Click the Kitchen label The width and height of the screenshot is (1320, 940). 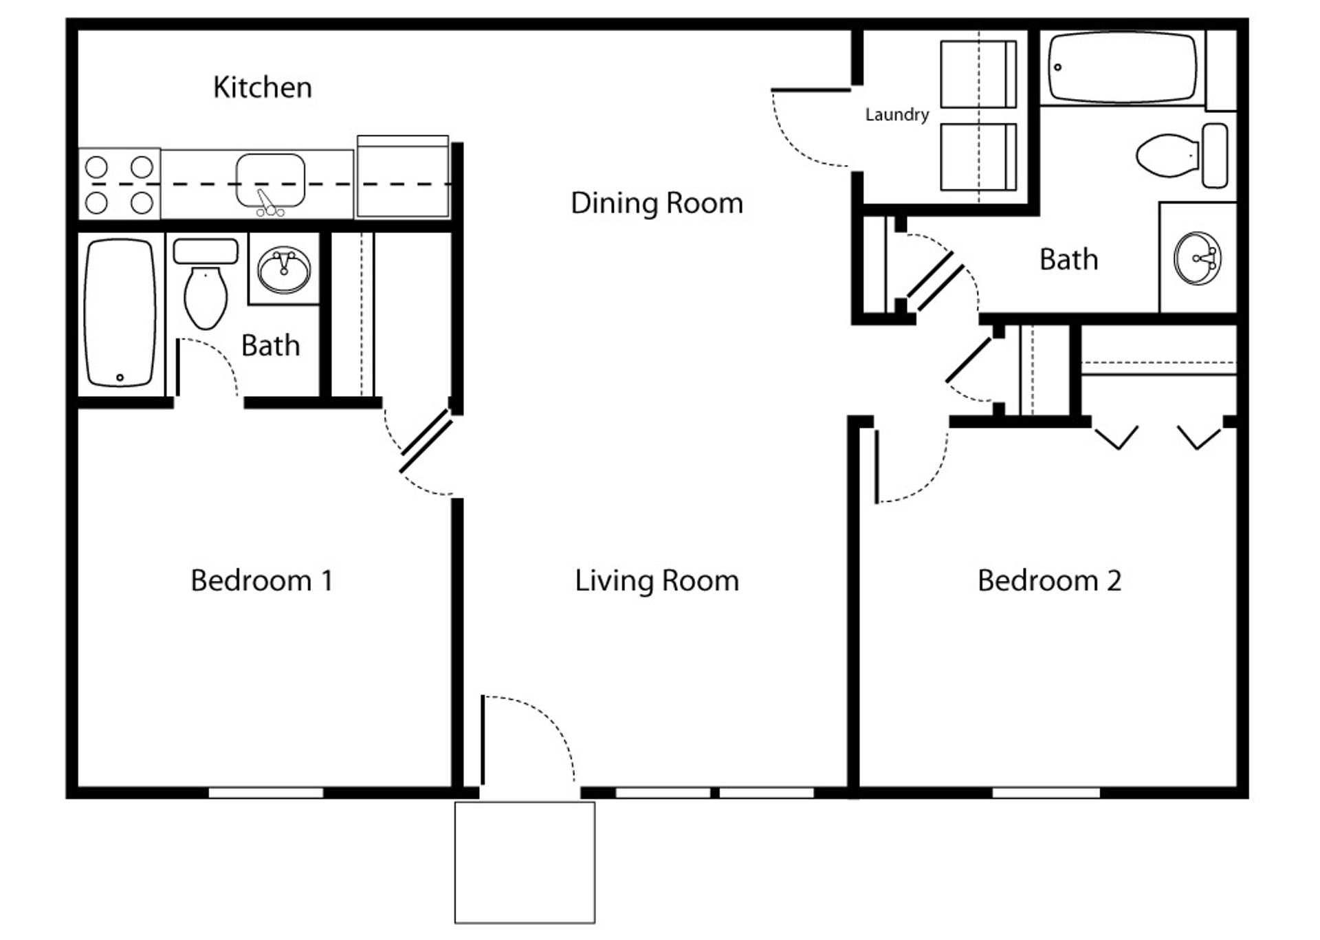tap(262, 87)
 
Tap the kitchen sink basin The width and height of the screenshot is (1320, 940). tap(270, 180)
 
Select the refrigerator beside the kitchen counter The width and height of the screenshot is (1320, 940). tap(403, 177)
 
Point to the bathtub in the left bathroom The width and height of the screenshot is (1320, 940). tap(120, 312)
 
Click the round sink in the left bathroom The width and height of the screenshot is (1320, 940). tap(283, 270)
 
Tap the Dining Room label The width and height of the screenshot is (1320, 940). tap(657, 203)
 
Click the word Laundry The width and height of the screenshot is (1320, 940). tap(896, 114)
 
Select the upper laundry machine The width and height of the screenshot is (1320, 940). tap(978, 74)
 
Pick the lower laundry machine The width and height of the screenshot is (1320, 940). tap(978, 157)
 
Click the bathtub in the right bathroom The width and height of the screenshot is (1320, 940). tap(1122, 67)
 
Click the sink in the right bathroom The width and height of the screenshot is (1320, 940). tap(1197, 259)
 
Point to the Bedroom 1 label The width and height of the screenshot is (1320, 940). tap(261, 580)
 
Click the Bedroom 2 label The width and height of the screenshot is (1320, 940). tap(1049, 580)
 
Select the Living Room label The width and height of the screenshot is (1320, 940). tap(657, 580)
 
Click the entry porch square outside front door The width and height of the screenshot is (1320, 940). tap(525, 862)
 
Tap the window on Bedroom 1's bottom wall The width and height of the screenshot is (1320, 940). tap(266, 793)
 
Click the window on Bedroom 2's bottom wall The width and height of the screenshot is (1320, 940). tap(1046, 793)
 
